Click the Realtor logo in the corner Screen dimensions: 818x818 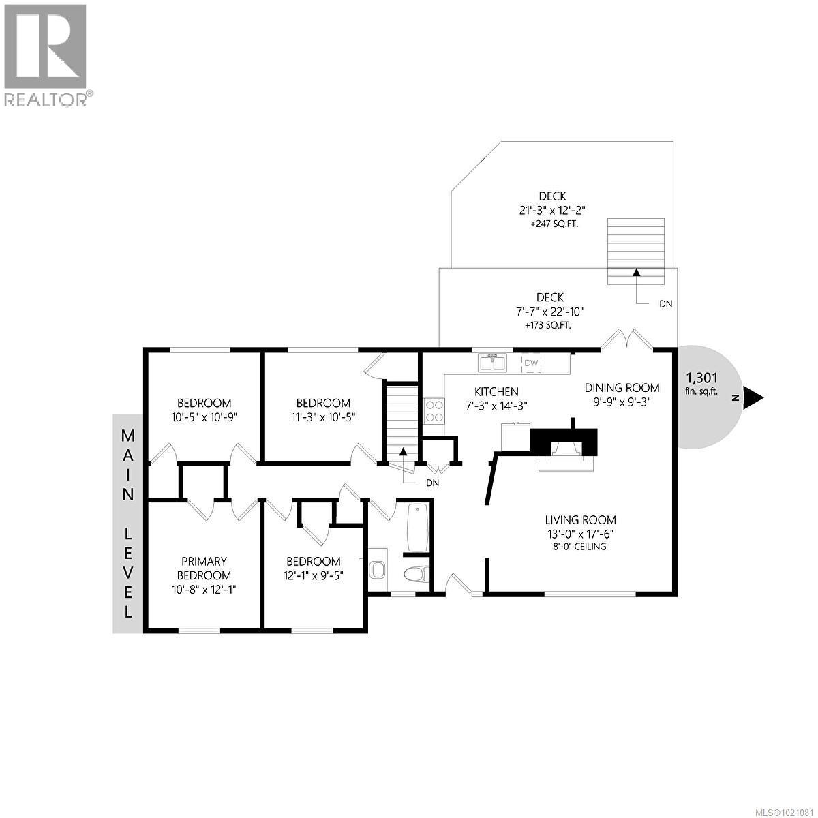pos(46,55)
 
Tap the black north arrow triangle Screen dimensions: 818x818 pos(753,397)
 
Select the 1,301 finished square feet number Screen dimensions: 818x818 pos(701,378)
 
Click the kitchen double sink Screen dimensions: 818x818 pos(492,363)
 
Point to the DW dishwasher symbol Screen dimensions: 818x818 pos(532,363)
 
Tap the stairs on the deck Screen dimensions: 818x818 pos(635,251)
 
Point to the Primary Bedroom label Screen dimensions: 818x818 pos(203,568)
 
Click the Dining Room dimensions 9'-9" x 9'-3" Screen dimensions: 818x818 pos(622,402)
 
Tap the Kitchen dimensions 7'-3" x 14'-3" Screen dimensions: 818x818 pos(496,405)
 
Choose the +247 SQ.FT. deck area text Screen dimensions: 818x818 pos(553,224)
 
